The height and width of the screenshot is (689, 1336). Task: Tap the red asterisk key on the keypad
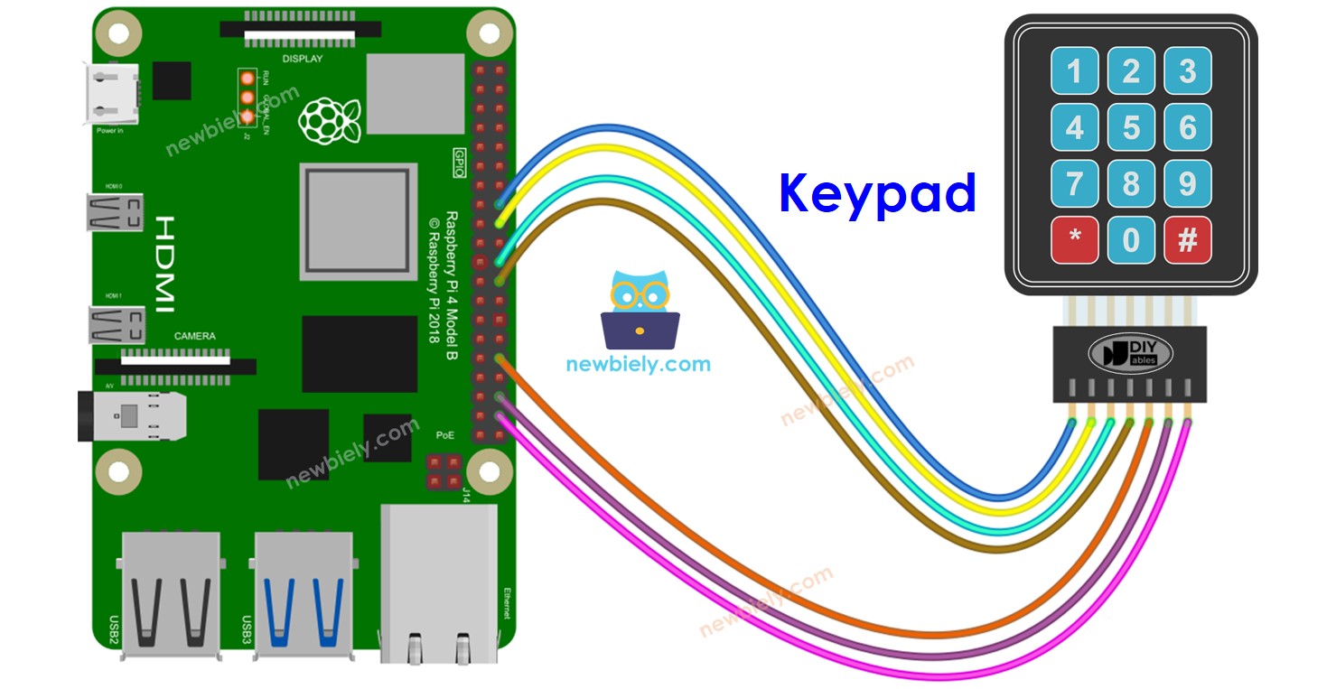click(1074, 240)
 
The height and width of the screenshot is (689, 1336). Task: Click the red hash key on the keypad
click(1188, 240)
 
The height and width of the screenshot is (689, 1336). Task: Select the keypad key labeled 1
click(1074, 71)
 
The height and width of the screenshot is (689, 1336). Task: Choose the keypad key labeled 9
click(1188, 183)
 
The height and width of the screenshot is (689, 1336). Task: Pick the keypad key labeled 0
click(1131, 240)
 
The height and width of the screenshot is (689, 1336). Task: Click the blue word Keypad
click(877, 192)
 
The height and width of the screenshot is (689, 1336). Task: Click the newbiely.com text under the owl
click(638, 365)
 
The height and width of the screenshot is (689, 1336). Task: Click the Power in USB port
click(111, 94)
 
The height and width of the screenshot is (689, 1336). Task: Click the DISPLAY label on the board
click(303, 59)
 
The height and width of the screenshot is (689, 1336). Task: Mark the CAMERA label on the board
click(195, 336)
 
